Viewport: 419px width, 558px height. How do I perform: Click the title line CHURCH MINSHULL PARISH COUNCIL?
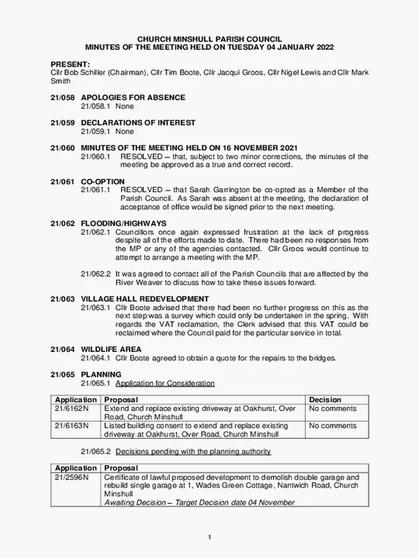coord(209,39)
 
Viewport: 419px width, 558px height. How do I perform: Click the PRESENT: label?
coord(70,64)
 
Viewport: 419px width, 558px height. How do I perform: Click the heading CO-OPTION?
coord(102,181)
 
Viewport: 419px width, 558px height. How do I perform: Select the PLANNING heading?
coord(101,374)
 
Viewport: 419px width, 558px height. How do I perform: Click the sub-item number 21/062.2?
coord(96,274)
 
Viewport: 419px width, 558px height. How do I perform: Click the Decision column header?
coord(325,400)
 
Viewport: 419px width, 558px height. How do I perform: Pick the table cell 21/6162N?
coord(71,408)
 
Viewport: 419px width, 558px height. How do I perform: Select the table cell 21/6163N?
coord(71,425)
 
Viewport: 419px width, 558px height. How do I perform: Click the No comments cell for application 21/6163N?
coord(333,425)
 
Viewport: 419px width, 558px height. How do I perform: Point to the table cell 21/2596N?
coord(71,477)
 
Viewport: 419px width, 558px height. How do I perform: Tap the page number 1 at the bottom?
coord(209,538)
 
